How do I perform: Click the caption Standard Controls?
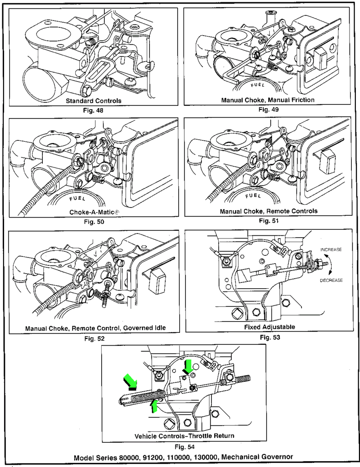point(93,100)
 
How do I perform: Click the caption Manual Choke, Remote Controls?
point(268,212)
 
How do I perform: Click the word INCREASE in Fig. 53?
point(331,250)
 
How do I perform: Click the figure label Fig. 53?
point(269,338)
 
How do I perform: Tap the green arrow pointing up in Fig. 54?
point(155,405)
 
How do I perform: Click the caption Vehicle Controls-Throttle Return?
point(185,436)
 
